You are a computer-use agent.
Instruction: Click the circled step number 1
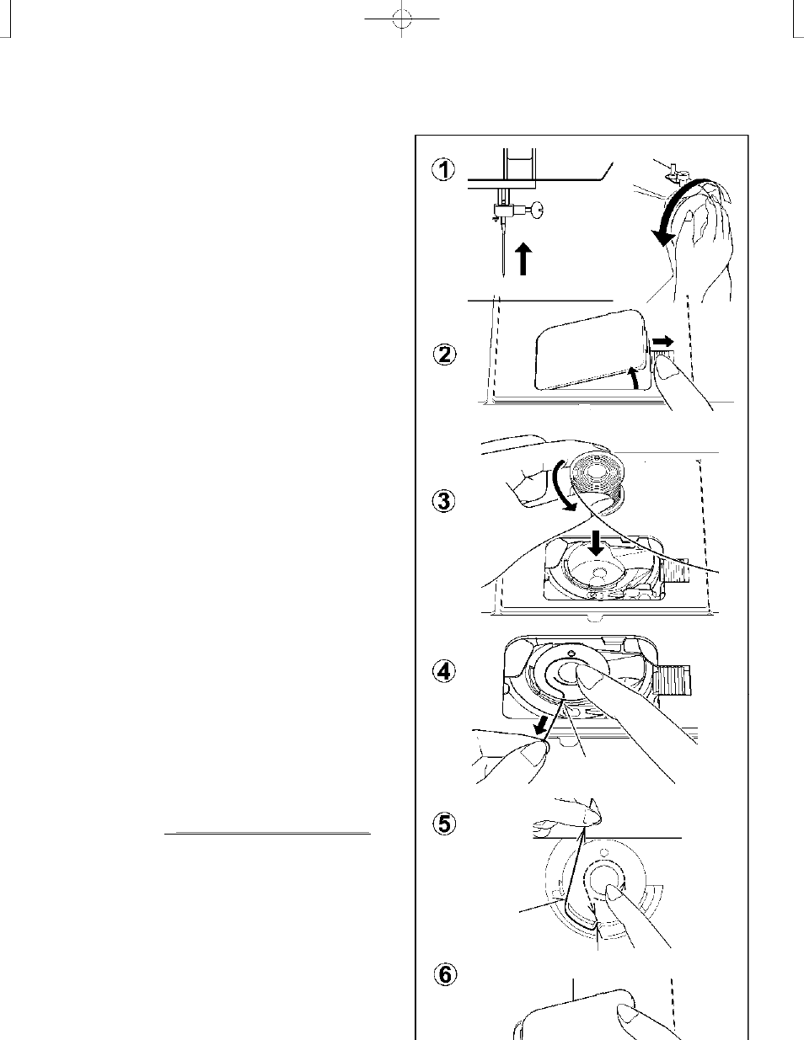(444, 170)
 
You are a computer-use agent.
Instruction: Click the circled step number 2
(445, 355)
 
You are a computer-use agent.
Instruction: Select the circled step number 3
(444, 501)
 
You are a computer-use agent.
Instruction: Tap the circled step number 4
(445, 671)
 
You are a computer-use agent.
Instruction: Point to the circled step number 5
(445, 824)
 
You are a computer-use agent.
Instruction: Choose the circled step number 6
(445, 975)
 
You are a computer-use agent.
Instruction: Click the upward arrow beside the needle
(524, 259)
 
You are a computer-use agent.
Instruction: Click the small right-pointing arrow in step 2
(663, 342)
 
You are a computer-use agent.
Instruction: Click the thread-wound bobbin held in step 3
(597, 484)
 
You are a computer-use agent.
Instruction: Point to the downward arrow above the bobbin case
(596, 542)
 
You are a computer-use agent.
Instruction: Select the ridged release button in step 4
(672, 680)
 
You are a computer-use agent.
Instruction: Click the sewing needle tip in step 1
(503, 276)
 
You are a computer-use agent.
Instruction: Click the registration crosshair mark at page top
(402, 19)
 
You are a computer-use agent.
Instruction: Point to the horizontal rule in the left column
(267, 833)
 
